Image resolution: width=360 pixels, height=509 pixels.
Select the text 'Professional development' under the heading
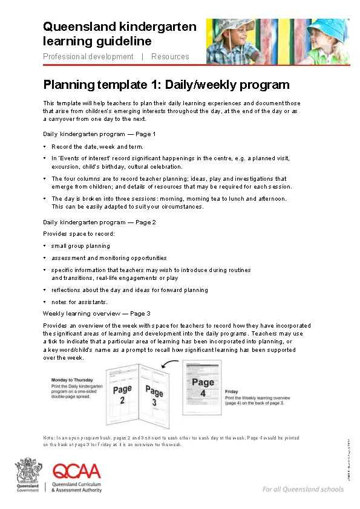click(88, 57)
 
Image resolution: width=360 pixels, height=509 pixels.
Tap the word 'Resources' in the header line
click(170, 57)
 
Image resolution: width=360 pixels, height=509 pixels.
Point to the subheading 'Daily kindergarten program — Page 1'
click(99, 134)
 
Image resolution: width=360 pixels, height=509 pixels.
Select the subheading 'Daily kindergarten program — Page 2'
click(99, 222)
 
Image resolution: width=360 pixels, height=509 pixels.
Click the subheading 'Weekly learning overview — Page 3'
click(96, 314)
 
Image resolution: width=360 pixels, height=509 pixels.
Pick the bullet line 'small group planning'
click(80, 246)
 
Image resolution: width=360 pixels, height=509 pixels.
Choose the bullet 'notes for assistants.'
click(79, 302)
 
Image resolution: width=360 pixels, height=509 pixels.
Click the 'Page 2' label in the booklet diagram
click(122, 395)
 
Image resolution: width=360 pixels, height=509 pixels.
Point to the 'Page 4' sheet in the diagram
click(203, 387)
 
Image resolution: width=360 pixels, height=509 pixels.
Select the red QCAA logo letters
click(77, 471)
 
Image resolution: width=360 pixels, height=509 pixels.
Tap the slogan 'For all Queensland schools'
click(303, 489)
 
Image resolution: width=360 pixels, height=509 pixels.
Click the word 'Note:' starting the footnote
click(49, 438)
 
